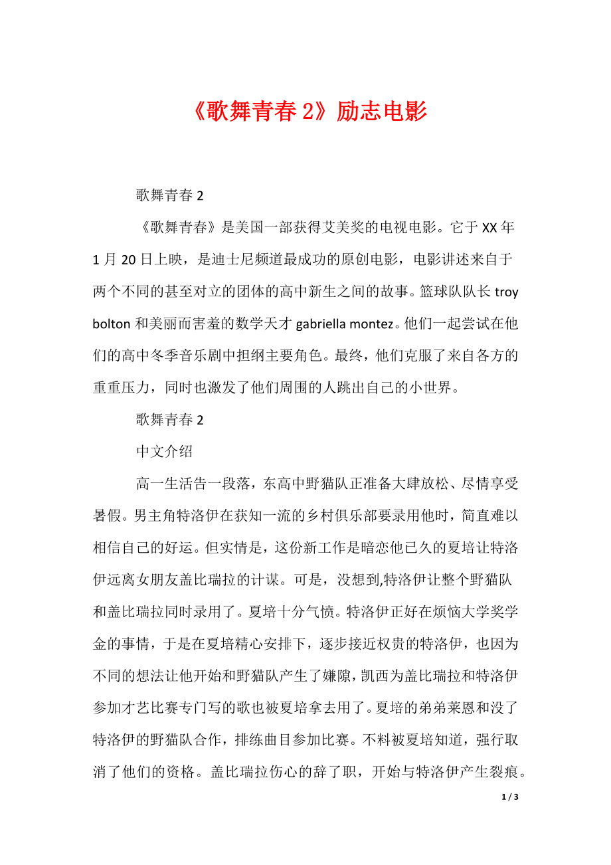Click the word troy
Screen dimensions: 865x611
point(507,292)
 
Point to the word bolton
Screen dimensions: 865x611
point(112,324)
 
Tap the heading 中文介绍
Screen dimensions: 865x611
point(164,451)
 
